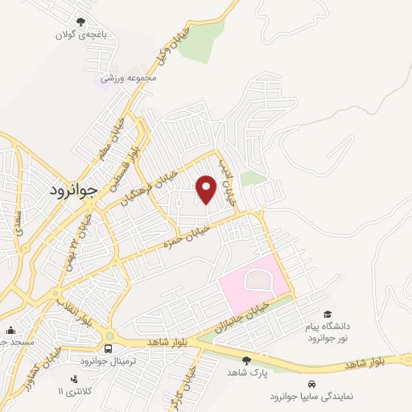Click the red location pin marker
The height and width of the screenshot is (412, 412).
206,190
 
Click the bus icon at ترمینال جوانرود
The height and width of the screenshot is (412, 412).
108,348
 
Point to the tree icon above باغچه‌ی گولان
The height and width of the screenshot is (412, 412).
80,23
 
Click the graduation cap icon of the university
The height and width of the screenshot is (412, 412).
327,314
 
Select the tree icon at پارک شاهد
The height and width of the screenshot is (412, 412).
246,360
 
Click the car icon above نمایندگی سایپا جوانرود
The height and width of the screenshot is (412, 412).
311,384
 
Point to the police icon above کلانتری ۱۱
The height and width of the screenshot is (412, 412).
75,378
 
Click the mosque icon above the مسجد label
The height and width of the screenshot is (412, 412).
10,330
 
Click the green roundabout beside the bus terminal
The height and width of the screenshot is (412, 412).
109,337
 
